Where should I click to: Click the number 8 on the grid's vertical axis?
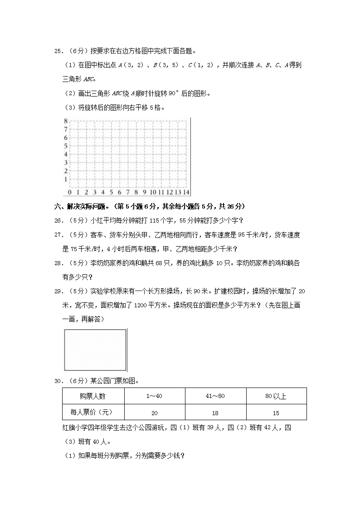(x=65, y=121)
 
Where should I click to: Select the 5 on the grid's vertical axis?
(x=65, y=146)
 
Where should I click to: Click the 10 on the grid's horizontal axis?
(x=153, y=192)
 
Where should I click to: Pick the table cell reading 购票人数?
(x=92, y=396)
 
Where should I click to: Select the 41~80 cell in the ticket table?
(x=215, y=396)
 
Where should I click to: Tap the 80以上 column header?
(x=276, y=396)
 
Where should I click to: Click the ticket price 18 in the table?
(x=215, y=413)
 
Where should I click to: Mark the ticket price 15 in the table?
(x=276, y=413)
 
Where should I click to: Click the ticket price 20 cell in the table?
(x=154, y=413)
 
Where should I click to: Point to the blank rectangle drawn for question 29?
(x=95, y=349)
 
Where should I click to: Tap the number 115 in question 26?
(x=156, y=221)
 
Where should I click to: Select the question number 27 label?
(x=58, y=235)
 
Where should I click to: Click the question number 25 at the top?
(x=58, y=51)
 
